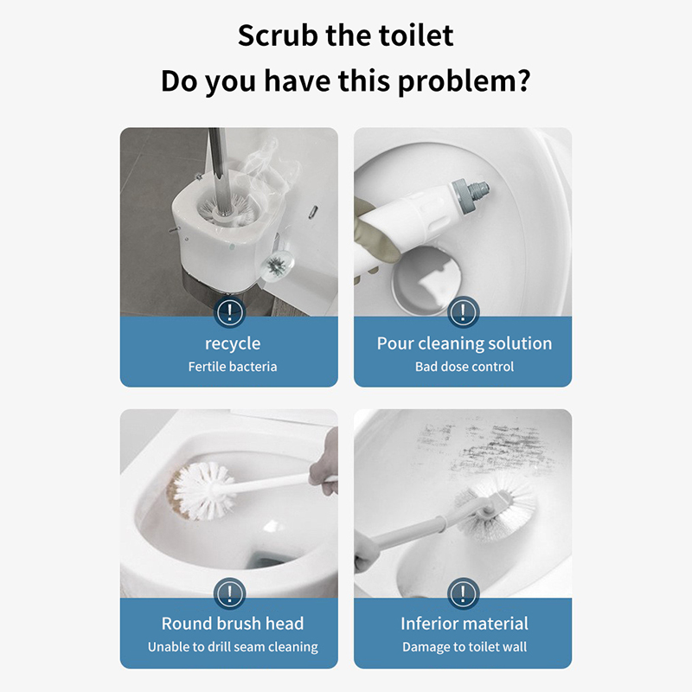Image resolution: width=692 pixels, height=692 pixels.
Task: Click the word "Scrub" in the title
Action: (278, 35)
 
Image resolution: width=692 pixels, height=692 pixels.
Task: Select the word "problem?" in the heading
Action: (464, 82)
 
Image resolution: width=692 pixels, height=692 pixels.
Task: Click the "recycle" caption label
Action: (233, 343)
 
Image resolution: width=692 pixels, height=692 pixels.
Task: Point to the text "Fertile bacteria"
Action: (233, 366)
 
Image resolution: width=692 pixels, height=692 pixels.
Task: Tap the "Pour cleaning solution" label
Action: (465, 343)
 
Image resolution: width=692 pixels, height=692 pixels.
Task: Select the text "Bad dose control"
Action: (465, 366)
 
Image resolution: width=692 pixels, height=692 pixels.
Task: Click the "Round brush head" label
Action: (233, 623)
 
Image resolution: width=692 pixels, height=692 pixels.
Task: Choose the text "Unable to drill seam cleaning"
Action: (233, 646)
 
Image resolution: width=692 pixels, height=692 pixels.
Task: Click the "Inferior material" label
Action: (465, 623)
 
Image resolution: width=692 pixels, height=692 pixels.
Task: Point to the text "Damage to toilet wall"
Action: (465, 646)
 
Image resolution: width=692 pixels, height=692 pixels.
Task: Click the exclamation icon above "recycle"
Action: (229, 311)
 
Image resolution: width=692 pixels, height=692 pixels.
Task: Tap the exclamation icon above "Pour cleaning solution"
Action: (463, 311)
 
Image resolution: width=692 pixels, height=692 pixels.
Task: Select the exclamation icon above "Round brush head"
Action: (229, 593)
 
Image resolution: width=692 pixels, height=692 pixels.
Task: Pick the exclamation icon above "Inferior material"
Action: (463, 593)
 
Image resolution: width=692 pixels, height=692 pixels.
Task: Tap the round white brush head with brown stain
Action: (201, 490)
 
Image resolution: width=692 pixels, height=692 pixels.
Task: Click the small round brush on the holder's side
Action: (277, 266)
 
